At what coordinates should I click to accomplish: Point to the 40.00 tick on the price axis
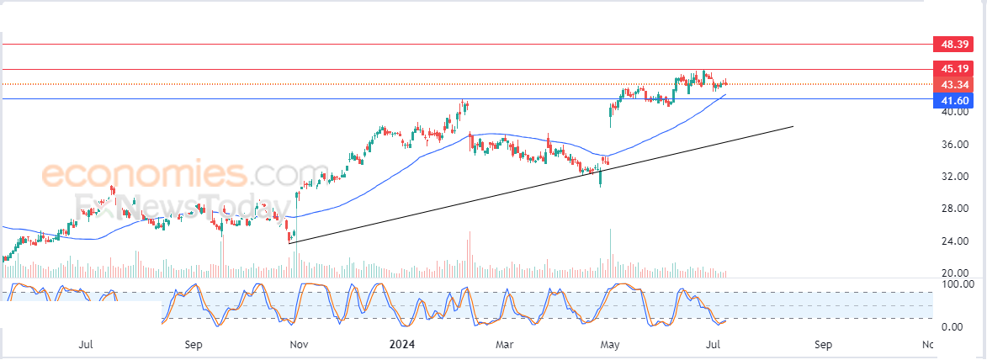pos(953,112)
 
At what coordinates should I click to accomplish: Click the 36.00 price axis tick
pos(953,145)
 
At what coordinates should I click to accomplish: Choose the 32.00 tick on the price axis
pos(953,177)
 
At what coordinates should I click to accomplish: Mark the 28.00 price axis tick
pos(953,209)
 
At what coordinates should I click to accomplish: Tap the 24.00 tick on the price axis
pos(953,241)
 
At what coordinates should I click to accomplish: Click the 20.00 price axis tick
pos(953,273)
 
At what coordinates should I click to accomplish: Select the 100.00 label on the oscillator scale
pos(957,284)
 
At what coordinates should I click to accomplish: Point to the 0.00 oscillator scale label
pos(953,326)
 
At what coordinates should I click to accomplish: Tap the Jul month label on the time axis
pos(85,344)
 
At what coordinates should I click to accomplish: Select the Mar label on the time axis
pos(504,344)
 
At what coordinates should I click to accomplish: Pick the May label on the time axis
pos(609,344)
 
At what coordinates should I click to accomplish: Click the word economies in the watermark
pos(143,175)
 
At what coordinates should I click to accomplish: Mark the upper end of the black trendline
pos(793,126)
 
